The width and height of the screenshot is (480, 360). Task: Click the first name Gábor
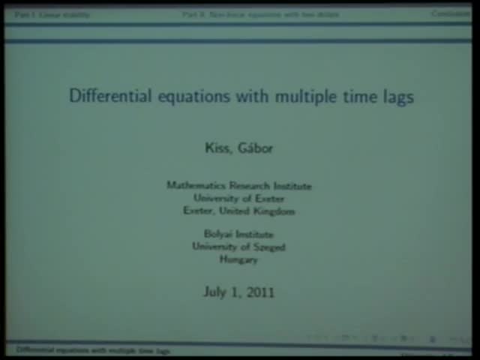(x=255, y=148)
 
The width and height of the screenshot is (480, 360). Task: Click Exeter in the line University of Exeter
(x=269, y=199)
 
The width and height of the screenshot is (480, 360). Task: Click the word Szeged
(x=268, y=247)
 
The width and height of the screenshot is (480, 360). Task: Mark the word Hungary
(x=238, y=259)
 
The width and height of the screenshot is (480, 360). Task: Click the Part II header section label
(x=261, y=14)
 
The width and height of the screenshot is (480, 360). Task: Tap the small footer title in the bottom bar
(x=93, y=350)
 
